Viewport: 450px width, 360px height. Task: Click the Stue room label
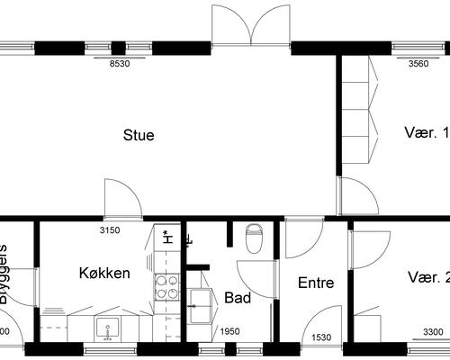pos(139,136)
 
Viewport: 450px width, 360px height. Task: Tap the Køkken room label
pos(104,273)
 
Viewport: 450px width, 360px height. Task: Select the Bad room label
pos(237,297)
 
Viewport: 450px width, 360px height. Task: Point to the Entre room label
pos(315,283)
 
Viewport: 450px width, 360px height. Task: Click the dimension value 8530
pos(120,64)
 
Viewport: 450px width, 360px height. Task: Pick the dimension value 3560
pos(419,64)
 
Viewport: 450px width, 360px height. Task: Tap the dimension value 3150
pos(109,231)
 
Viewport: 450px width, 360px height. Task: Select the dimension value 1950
pos(231,332)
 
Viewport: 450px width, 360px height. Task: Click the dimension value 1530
pos(321,337)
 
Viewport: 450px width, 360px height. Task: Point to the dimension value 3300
pos(433,332)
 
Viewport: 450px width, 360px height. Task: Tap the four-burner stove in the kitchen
pos(167,287)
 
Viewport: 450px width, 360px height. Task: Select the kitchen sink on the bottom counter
pos(109,328)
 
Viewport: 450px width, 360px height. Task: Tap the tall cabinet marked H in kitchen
pos(166,238)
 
